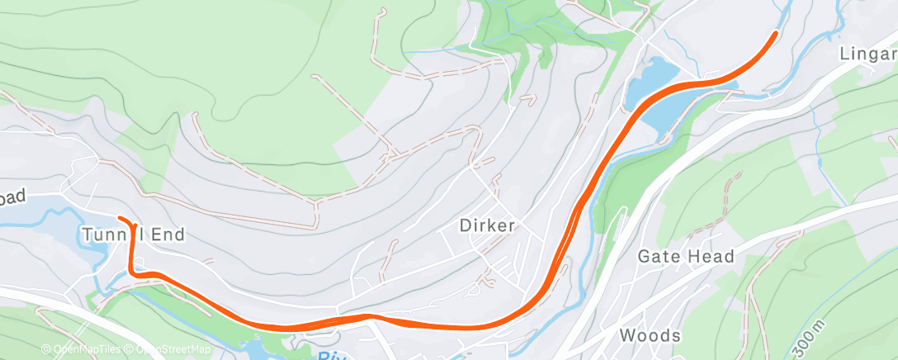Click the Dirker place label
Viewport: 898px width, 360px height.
487,225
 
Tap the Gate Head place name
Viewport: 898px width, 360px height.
686,257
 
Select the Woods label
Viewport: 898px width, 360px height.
650,335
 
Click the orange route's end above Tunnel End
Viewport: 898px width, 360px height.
121,218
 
